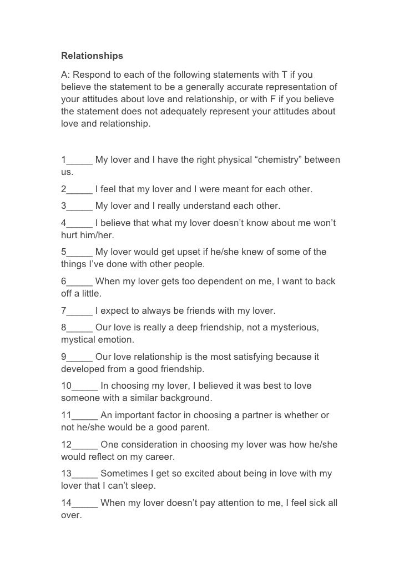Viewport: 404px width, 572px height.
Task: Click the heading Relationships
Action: pos(92,56)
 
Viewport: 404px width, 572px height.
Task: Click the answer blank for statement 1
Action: pos(79,160)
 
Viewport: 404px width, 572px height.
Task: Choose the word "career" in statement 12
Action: pos(160,457)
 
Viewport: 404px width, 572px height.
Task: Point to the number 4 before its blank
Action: pos(64,223)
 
